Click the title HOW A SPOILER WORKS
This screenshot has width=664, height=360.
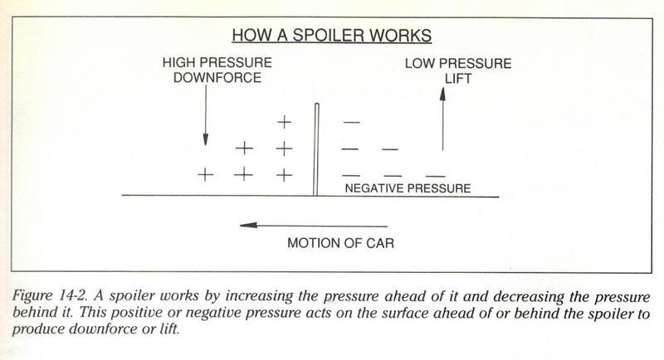pos(331,35)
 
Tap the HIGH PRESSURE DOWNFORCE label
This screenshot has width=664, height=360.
pos(217,71)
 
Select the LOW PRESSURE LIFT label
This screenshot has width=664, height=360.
pos(458,71)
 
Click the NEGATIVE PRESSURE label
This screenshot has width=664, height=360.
pos(408,188)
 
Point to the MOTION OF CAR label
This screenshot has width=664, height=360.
pos(341,243)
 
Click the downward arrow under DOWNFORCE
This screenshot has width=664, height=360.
pos(205,115)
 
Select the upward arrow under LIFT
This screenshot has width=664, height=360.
pos(442,119)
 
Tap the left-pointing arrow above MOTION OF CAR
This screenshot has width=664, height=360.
pos(314,226)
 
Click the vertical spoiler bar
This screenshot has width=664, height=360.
pos(316,149)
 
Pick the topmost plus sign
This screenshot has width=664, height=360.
pos(284,122)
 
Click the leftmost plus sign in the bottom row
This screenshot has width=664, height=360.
pos(205,174)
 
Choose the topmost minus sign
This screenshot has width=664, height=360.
pos(351,123)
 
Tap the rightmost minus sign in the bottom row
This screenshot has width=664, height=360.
pos(435,176)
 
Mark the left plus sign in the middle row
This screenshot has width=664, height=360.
pos(244,148)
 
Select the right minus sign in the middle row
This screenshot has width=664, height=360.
pos(390,149)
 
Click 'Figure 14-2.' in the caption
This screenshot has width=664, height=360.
pos(50,295)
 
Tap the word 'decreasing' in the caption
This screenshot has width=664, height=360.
pos(529,296)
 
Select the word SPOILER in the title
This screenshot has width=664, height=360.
pos(326,35)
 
